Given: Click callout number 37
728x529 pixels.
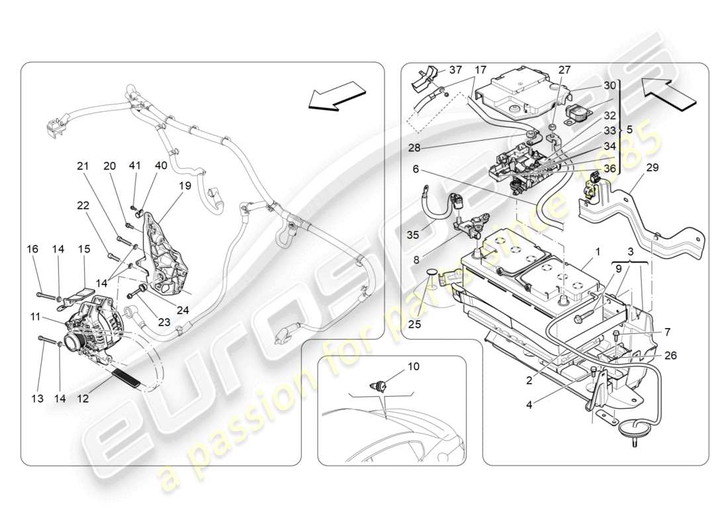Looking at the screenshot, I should tap(456, 70).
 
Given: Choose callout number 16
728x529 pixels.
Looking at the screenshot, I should tap(32, 249).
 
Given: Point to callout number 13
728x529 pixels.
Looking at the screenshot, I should tap(37, 398).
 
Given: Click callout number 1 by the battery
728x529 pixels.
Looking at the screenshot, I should tap(596, 253).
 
